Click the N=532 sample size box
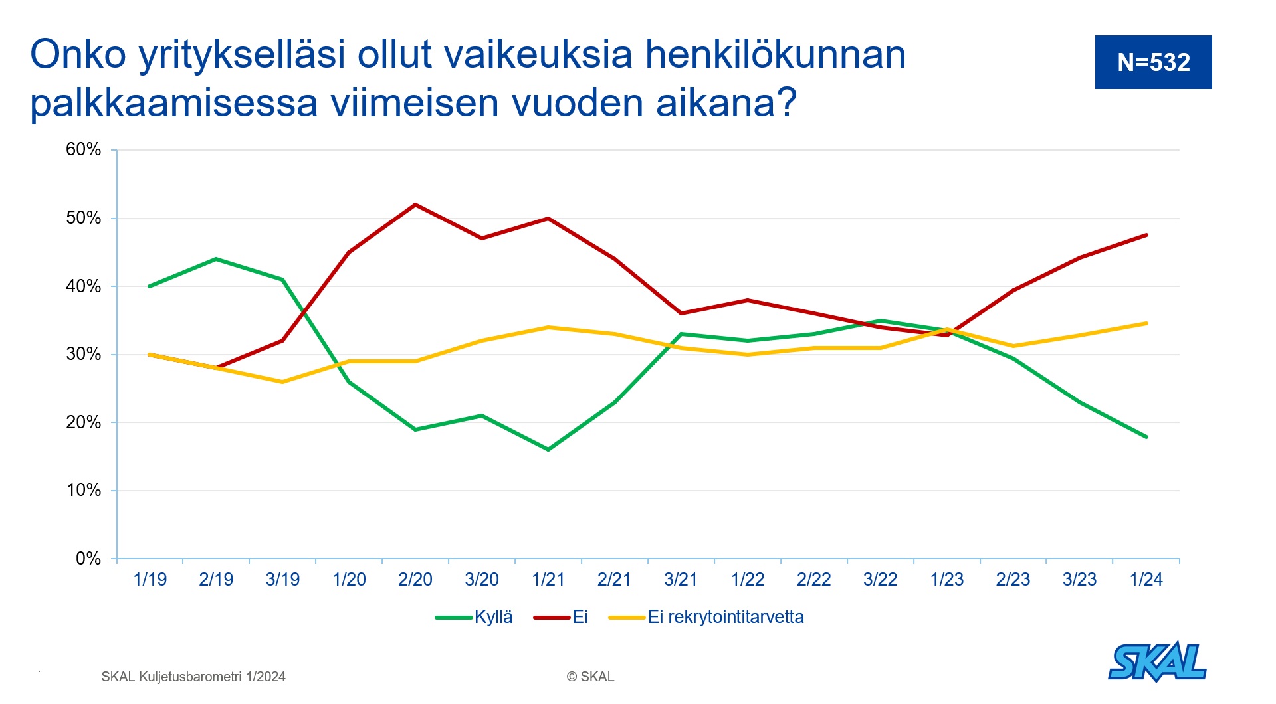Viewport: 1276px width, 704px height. (x=1153, y=62)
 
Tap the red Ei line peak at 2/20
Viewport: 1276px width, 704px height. (x=415, y=205)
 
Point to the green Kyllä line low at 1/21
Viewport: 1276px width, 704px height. (x=548, y=450)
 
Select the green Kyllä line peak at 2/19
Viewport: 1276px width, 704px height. (x=216, y=259)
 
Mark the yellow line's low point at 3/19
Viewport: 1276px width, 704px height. (x=282, y=382)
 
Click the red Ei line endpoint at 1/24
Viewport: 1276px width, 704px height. (x=1146, y=235)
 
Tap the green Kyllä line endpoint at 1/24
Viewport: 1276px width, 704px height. (x=1146, y=437)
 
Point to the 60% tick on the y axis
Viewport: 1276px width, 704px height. (x=84, y=149)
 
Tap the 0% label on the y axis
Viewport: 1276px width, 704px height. (x=88, y=558)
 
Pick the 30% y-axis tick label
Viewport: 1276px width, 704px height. (x=84, y=354)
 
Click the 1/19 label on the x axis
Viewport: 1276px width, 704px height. (x=150, y=580)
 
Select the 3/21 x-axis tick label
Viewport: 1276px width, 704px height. (x=681, y=580)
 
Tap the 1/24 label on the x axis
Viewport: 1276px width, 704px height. (x=1146, y=580)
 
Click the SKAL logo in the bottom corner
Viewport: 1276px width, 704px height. (x=1157, y=661)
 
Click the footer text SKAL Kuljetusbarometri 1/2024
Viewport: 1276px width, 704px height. (x=193, y=677)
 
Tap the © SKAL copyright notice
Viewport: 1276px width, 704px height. (x=590, y=677)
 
